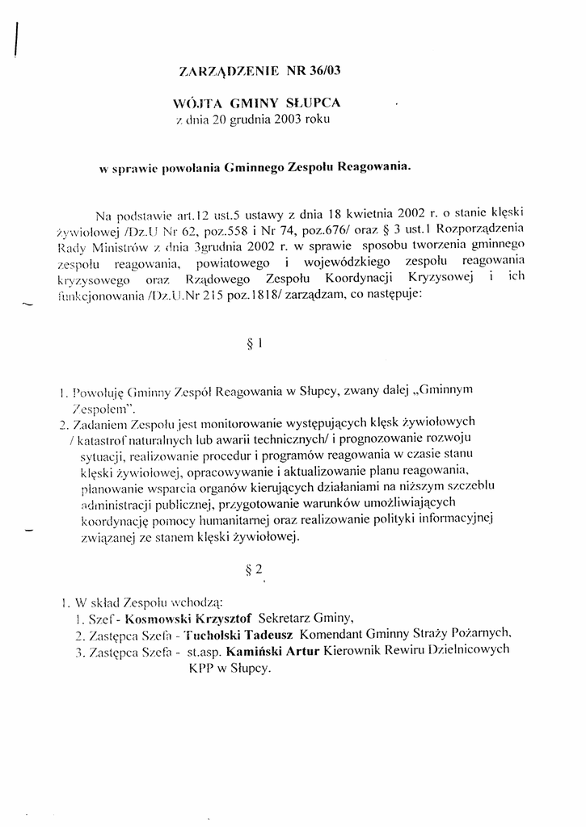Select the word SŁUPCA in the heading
[310, 103]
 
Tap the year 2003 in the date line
[289, 119]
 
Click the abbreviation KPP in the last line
[202, 668]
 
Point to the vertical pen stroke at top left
[17, 36]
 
